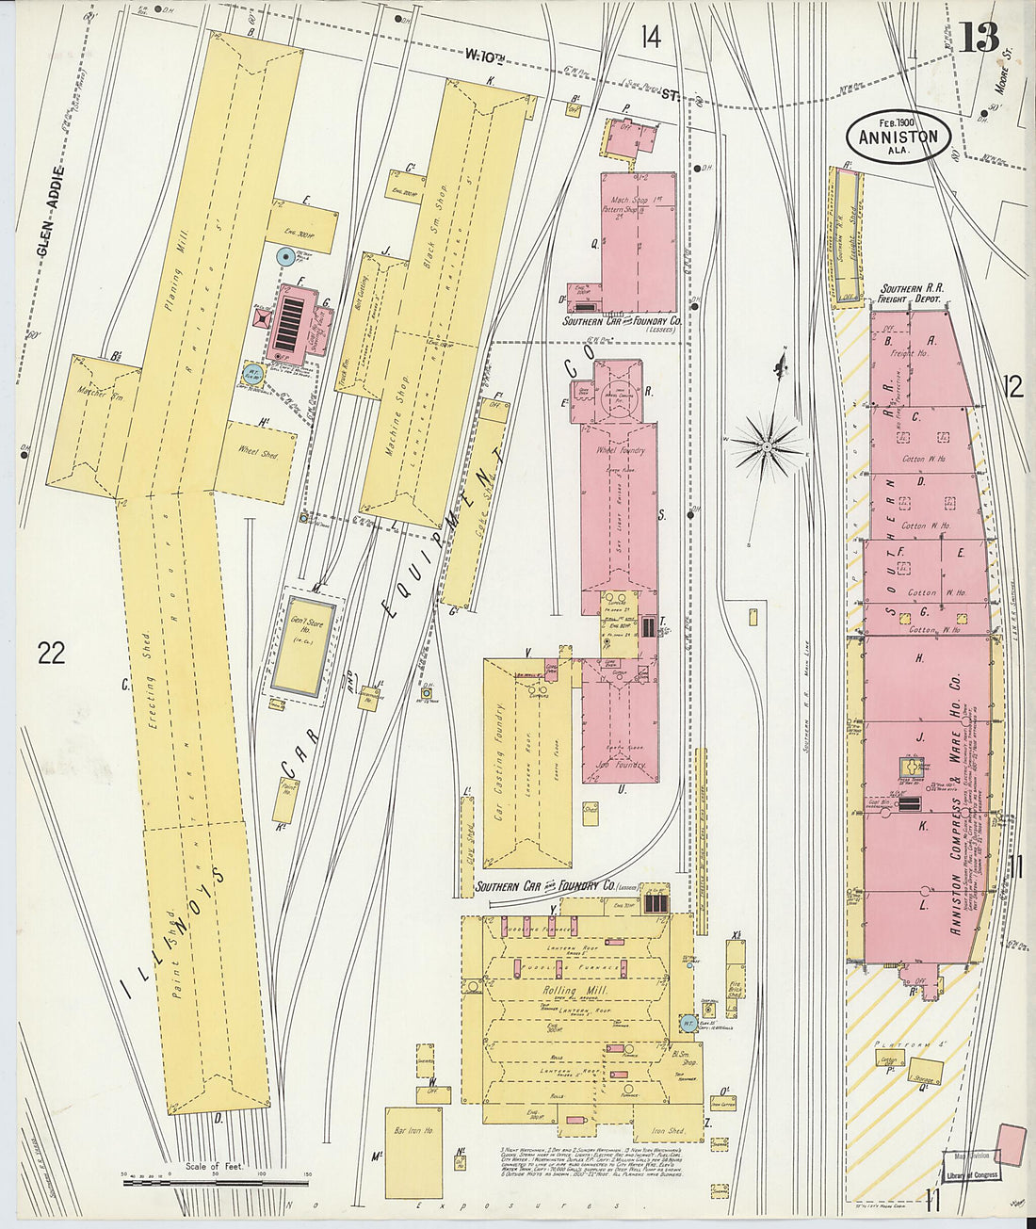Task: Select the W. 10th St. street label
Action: pyautogui.click(x=565, y=74)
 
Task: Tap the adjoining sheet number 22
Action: pyautogui.click(x=52, y=652)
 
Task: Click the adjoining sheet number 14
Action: pyautogui.click(x=651, y=38)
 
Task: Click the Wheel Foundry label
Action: pyautogui.click(x=620, y=450)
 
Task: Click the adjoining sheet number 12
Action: pyautogui.click(x=1013, y=387)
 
